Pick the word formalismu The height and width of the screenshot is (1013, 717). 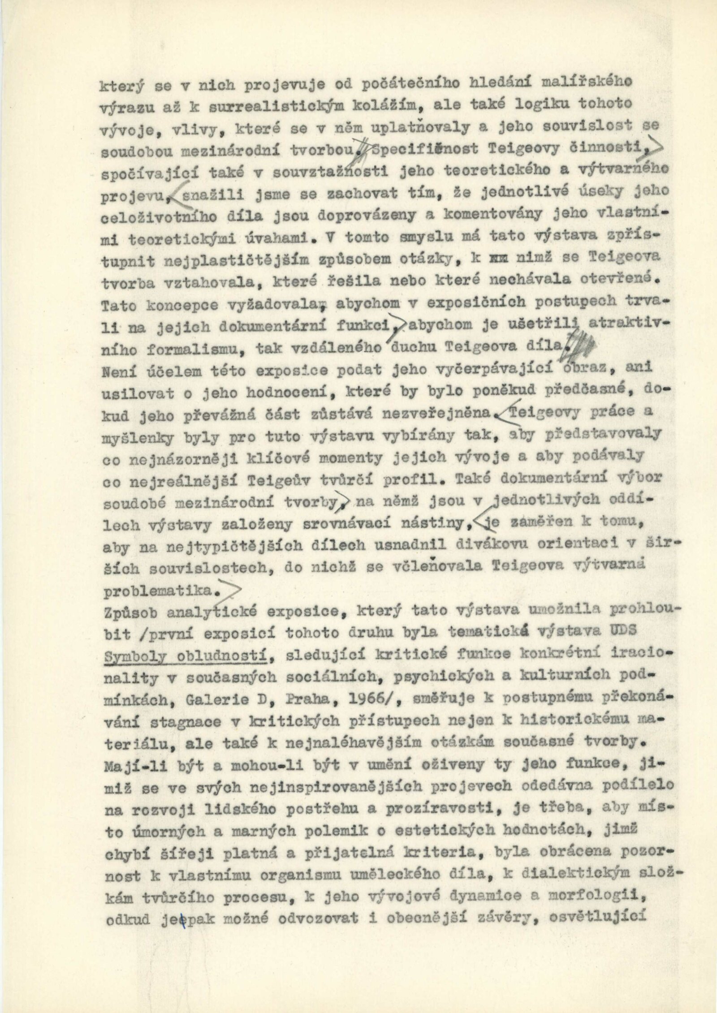166,347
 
